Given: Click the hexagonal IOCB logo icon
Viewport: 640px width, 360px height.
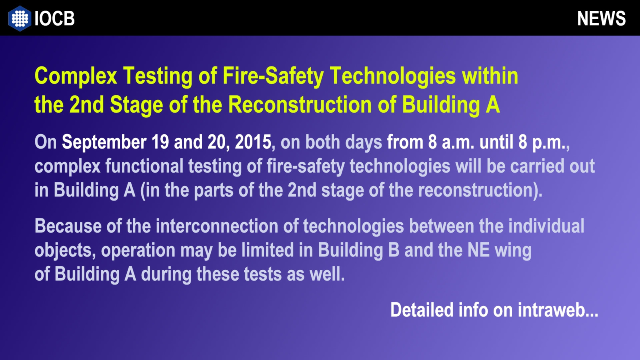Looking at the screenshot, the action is point(20,18).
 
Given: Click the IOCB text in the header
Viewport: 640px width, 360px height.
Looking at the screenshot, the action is point(54,18).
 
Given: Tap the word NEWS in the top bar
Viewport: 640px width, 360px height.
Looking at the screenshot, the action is point(602,18).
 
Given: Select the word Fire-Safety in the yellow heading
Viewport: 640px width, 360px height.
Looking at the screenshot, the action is point(273,76).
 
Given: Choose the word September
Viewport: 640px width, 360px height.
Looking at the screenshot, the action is point(104,142).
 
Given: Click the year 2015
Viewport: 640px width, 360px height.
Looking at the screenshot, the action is point(253,142).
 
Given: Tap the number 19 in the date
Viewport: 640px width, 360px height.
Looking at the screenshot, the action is point(160,142).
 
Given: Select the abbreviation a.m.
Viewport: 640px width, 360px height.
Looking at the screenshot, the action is point(458,142).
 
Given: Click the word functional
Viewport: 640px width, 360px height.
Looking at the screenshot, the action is point(144,166).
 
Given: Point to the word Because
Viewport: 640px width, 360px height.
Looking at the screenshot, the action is point(68,226).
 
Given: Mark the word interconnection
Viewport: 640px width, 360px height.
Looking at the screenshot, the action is point(217,226).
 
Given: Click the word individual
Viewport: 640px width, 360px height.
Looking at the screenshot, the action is point(546,226).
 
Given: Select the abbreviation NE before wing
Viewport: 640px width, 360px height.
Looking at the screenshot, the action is point(478,250).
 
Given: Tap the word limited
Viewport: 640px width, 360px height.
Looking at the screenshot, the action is point(268,250).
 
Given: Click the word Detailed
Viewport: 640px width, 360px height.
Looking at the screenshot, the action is point(422,310).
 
